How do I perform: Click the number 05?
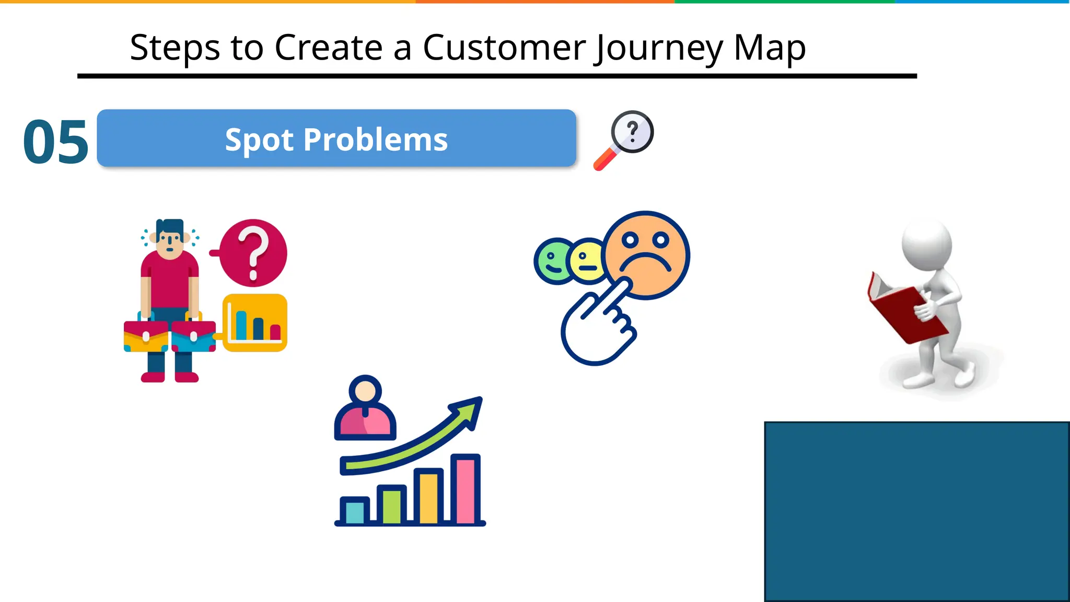[55, 142]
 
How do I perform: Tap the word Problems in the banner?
[375, 140]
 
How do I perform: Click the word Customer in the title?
[504, 48]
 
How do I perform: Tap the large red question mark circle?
[253, 253]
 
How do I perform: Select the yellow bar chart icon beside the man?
[255, 322]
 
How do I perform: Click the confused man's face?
[169, 242]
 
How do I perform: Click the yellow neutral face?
[586, 261]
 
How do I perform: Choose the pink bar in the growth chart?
[465, 489]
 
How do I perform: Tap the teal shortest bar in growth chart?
[355, 512]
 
